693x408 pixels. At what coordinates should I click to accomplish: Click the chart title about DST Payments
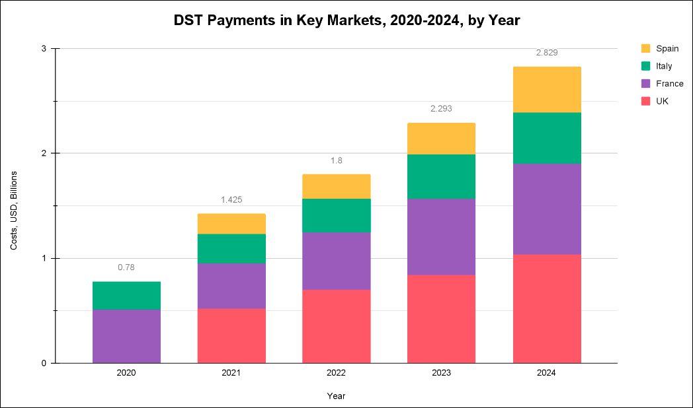[346, 20]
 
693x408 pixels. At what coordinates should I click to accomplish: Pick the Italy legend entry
[664, 66]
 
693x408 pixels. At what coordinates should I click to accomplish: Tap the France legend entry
[669, 84]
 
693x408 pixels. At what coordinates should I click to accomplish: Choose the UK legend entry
[662, 101]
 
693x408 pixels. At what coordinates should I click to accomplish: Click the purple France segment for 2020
[126, 336]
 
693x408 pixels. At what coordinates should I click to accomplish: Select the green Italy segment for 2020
[126, 295]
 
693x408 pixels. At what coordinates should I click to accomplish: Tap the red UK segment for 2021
[231, 335]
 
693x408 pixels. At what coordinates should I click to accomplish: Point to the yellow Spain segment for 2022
[336, 186]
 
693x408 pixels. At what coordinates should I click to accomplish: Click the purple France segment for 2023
[441, 236]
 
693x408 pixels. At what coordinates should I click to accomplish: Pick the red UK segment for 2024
[547, 308]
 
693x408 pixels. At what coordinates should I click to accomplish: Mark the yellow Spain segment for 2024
[547, 90]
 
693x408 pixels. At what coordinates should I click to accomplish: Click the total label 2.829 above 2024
[547, 53]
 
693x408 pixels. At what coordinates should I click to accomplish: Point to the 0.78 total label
[126, 267]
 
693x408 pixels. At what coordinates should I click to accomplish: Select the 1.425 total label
[231, 199]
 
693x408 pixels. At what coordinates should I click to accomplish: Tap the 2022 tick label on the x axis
[336, 373]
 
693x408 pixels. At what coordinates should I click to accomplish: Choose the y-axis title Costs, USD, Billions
[14, 210]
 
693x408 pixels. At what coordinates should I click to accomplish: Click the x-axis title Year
[336, 396]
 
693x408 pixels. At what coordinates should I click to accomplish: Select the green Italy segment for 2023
[441, 176]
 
